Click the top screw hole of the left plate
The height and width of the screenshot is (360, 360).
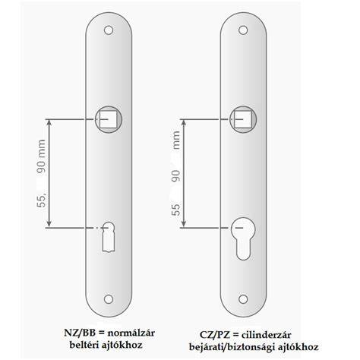(109, 30)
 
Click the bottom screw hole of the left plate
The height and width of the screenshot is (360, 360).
(109, 299)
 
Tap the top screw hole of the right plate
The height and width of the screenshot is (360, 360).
(243, 30)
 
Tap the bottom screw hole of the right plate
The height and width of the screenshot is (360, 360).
(243, 299)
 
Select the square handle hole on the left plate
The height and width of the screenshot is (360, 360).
(109, 119)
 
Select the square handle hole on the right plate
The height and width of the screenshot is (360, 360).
(243, 119)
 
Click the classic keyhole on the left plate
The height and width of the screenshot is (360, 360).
(109, 237)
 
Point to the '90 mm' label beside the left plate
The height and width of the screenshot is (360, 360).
(41, 156)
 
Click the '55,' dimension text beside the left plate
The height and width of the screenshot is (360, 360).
(42, 199)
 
